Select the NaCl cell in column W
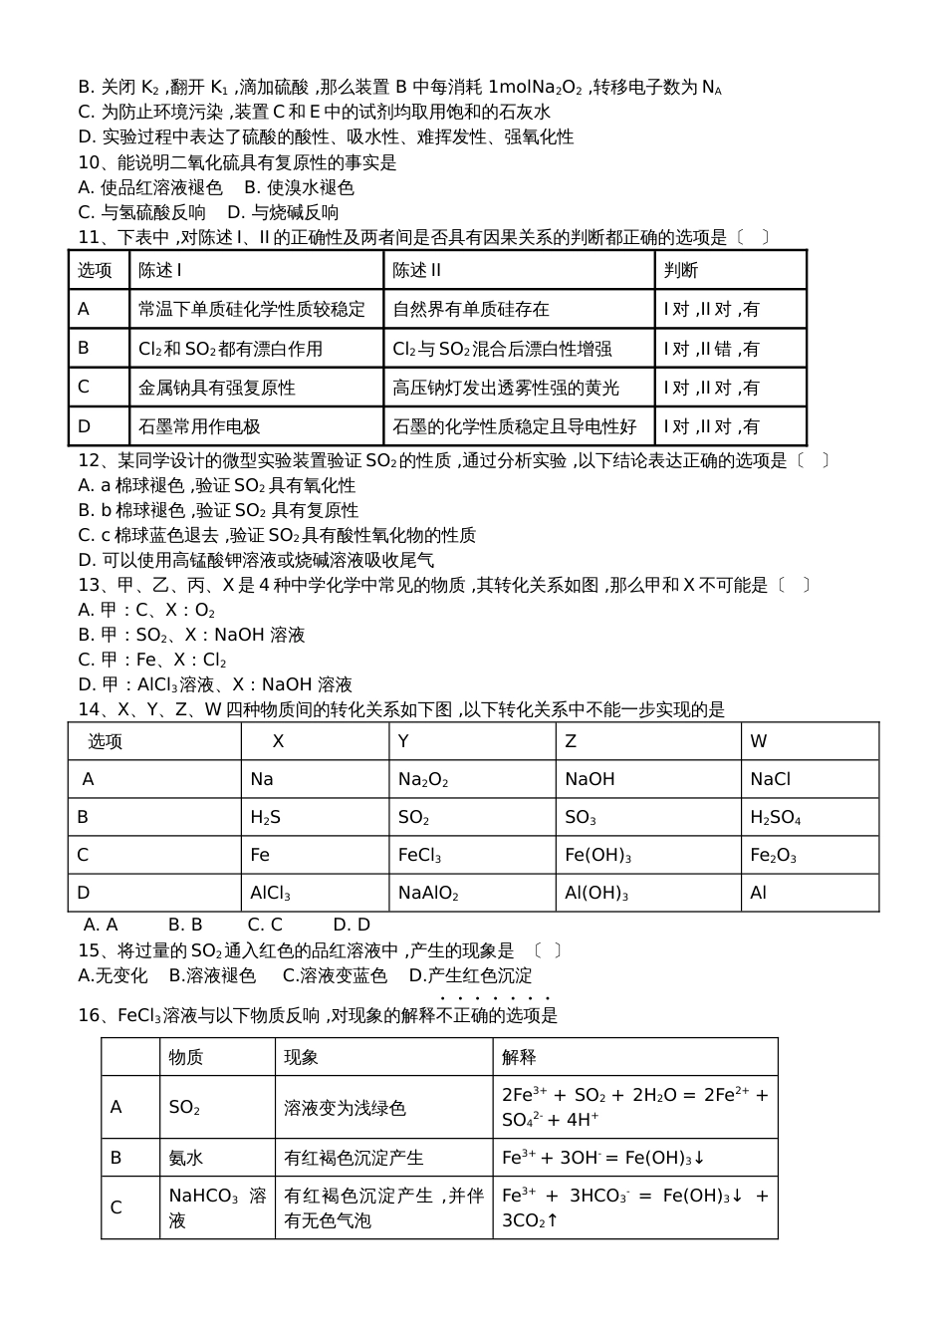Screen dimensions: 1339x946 point(770,780)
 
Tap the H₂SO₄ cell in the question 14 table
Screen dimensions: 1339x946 point(775,818)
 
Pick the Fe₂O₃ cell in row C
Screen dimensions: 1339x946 point(773,856)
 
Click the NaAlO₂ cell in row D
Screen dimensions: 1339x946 point(428,894)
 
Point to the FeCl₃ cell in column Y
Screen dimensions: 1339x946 point(419,856)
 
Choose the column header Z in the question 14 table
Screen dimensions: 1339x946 point(571,741)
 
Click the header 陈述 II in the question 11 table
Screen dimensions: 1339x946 point(417,270)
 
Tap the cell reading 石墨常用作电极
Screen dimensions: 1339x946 point(199,426)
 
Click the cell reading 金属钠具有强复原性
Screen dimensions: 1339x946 point(217,388)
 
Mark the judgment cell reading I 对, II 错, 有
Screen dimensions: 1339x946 point(711,349)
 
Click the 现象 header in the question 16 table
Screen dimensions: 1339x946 point(301,1057)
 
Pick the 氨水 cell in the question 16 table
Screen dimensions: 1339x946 point(185,1158)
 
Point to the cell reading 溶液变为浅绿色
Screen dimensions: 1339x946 point(345,1108)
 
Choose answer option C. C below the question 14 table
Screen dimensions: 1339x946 point(265,925)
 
